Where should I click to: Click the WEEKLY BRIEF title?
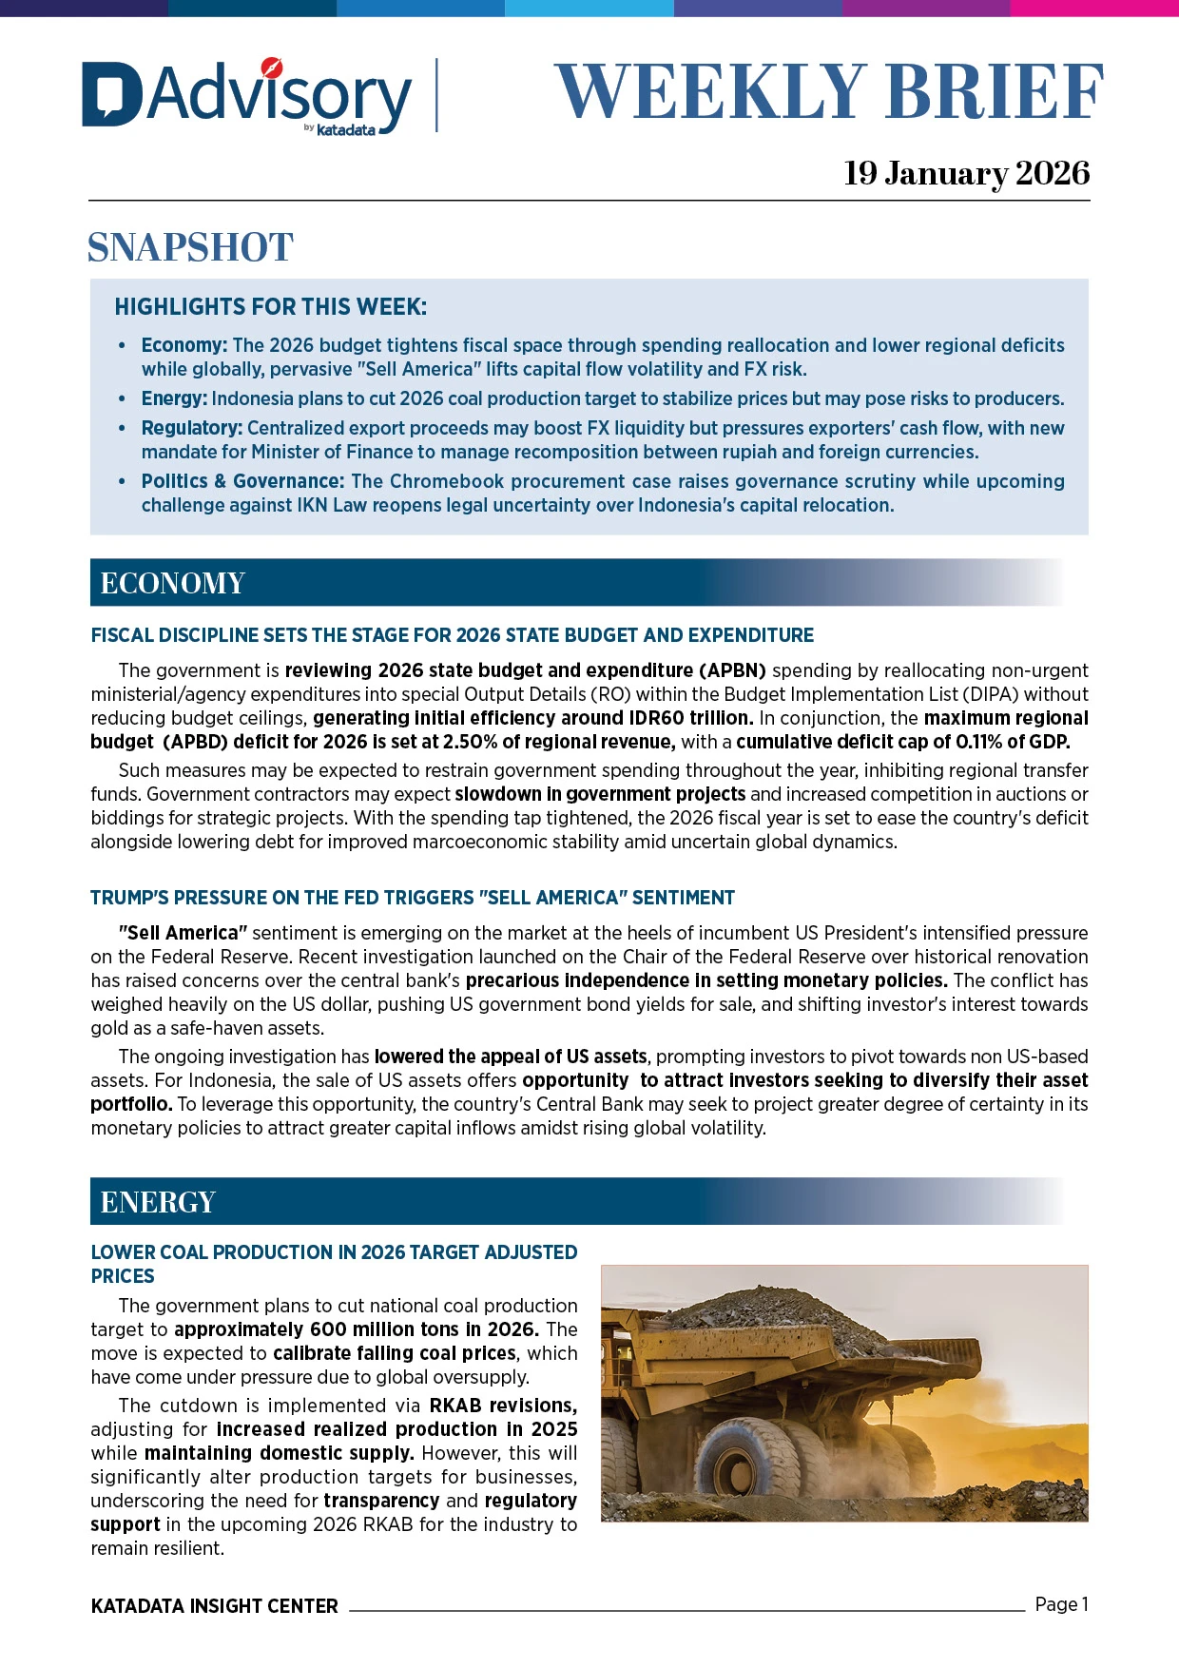coord(828,92)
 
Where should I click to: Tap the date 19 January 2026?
coord(966,173)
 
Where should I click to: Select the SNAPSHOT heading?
coord(190,247)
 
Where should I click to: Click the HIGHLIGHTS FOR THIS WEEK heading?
coord(270,307)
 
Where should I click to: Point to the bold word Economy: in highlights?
coord(184,345)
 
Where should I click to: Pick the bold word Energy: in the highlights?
coord(174,398)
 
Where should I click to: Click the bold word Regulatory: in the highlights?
coord(191,428)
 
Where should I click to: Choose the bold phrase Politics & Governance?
coord(242,481)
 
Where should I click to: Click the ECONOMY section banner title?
coord(172,583)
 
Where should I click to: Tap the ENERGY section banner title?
coord(158,1202)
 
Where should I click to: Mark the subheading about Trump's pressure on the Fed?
coord(413,898)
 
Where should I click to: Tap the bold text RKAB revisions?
coord(503,1406)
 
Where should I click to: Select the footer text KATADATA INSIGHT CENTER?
coord(214,1606)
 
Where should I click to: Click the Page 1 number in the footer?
coord(1061,1604)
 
